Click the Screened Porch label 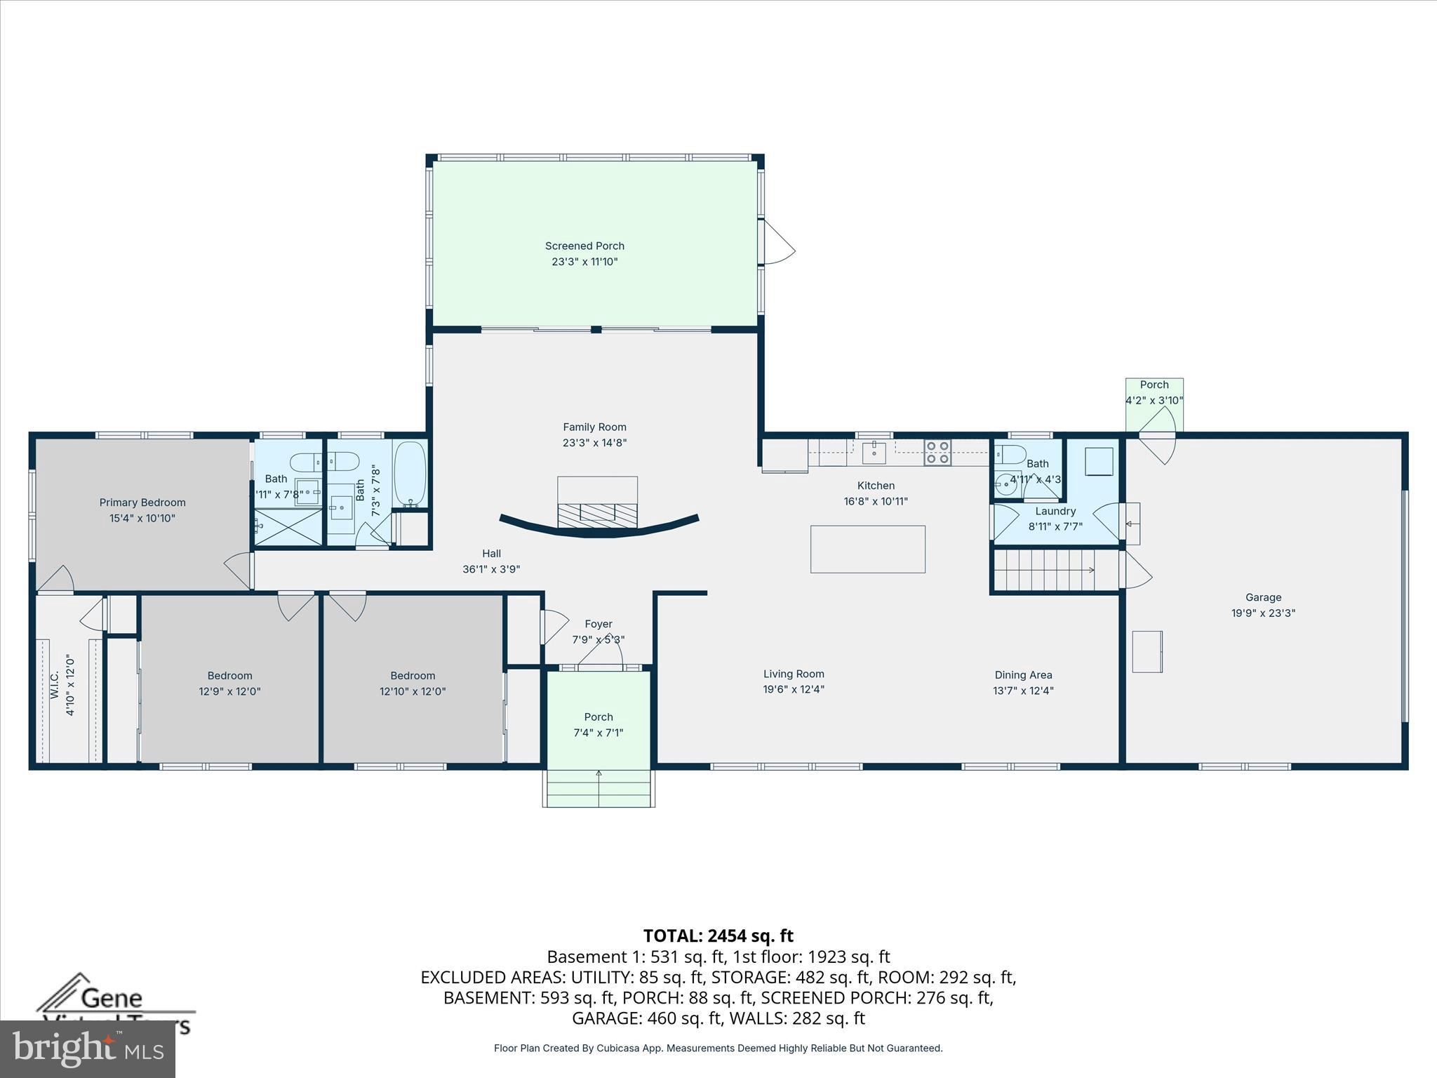584,246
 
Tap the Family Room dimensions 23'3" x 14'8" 594,443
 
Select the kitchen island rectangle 867,549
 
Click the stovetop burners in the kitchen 937,453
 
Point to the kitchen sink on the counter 874,452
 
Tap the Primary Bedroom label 142,503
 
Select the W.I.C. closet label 54,685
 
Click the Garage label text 1263,597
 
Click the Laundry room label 1055,511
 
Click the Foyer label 599,624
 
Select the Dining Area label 1023,675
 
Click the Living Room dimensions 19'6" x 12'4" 794,689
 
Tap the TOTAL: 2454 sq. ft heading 718,936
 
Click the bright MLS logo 88,1049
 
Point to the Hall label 491,553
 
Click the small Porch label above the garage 1154,385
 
